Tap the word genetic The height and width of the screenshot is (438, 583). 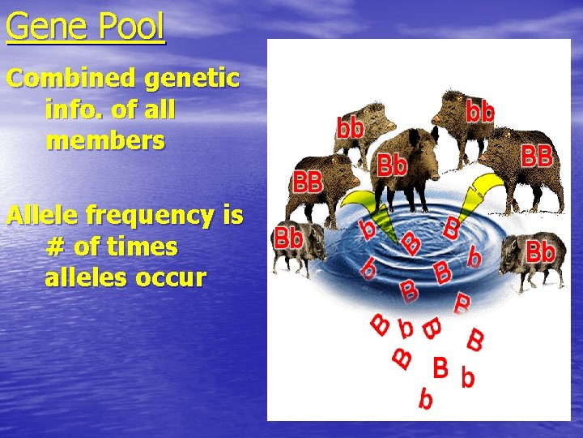196,79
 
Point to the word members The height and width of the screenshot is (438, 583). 105,140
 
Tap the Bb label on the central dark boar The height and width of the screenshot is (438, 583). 393,165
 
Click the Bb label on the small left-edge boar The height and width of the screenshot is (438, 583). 289,238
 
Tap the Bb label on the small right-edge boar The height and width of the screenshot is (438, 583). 541,251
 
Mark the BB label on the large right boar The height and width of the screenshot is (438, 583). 536,156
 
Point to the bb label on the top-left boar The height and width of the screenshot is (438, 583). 351,127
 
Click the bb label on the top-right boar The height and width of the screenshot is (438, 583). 479,111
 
